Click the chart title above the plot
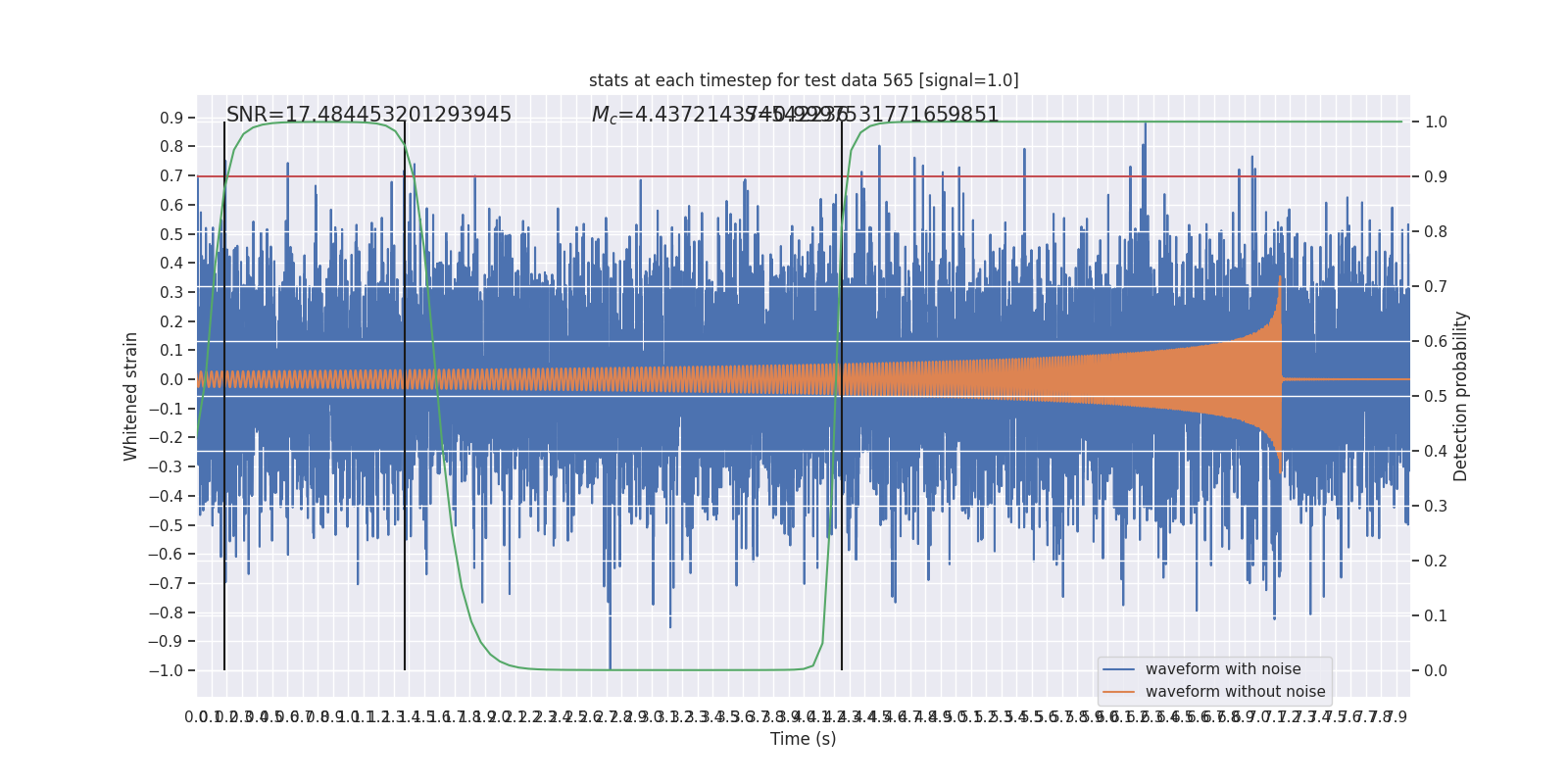[804, 80]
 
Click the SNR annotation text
[368, 115]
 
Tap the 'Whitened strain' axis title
[131, 396]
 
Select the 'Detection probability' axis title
[1461, 396]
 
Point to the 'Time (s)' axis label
[803, 739]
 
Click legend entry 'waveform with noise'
[1223, 669]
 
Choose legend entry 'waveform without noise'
[1235, 692]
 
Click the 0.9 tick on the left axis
[171, 118]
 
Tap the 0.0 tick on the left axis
[171, 379]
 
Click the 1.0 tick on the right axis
[1436, 122]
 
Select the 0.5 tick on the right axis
[1436, 396]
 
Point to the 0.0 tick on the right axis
[1436, 670]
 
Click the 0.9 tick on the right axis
[1436, 176]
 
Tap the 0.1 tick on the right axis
[1436, 615]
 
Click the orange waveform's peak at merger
[1280, 278]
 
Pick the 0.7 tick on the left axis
[171, 175]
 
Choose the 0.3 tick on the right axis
[1436, 506]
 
